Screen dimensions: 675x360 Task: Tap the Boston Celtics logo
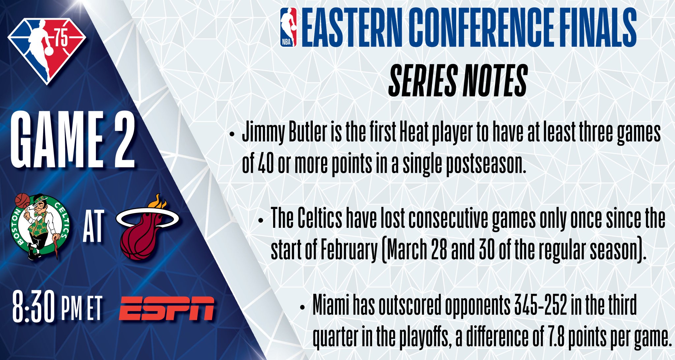[40, 227]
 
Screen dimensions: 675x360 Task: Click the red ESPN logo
[166, 309]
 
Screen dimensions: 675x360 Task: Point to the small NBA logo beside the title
[288, 27]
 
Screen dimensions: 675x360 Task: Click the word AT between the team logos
[93, 226]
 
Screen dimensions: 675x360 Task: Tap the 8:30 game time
[33, 307]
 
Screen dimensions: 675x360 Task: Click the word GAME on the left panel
[57, 140]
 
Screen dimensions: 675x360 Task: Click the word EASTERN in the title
[352, 27]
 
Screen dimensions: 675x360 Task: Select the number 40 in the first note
[265, 164]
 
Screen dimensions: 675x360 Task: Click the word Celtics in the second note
[320, 219]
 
